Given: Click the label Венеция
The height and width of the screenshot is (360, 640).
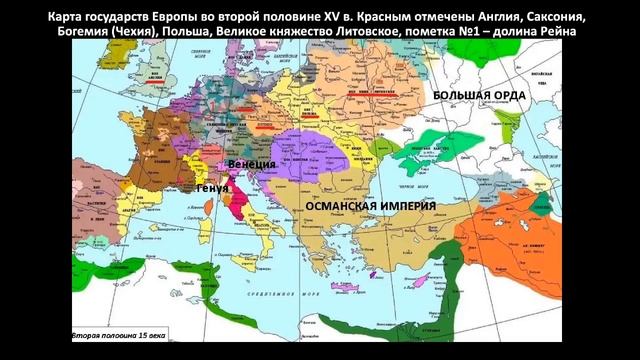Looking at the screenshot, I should (251, 163).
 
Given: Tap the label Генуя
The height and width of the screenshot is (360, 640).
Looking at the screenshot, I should (212, 188).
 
